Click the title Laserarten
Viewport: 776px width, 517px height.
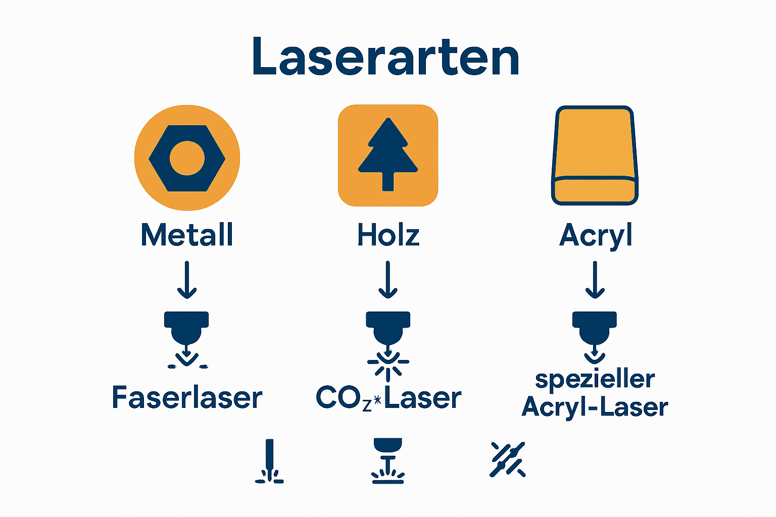tap(386, 57)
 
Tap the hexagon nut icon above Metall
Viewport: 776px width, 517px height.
tap(187, 158)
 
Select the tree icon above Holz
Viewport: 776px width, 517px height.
tap(387, 155)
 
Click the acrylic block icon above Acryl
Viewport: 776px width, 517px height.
tap(595, 156)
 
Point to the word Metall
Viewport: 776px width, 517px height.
tap(187, 235)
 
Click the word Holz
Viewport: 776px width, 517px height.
tap(388, 235)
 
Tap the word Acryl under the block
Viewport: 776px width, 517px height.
tap(596, 236)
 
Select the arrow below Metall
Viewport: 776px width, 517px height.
tap(187, 280)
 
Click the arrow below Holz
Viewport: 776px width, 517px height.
tap(388, 280)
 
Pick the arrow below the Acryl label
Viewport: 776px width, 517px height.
tap(595, 280)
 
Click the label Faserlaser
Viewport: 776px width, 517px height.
tap(187, 397)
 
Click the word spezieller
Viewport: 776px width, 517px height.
tap(595, 380)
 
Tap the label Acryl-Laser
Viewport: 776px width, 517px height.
tap(595, 407)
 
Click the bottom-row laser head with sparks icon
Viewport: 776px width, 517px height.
tap(387, 461)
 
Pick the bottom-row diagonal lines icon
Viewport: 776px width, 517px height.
tap(508, 459)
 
